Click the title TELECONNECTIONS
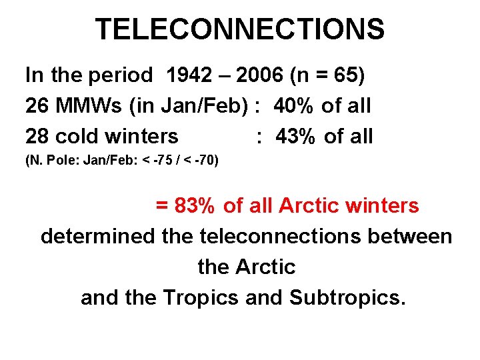click(239, 29)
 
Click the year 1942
click(187, 75)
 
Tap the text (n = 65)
click(328, 75)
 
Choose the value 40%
click(295, 106)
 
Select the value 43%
click(296, 137)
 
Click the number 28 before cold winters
click(37, 137)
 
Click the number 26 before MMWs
click(37, 106)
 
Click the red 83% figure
click(193, 206)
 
